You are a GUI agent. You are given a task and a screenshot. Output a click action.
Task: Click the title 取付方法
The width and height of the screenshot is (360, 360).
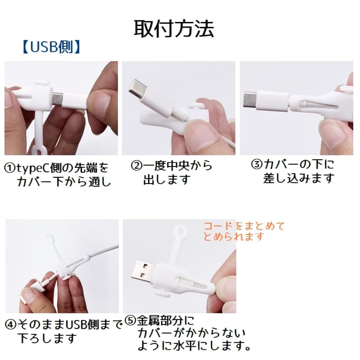174,29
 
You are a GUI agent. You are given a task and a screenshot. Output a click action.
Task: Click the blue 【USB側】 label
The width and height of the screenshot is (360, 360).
52,47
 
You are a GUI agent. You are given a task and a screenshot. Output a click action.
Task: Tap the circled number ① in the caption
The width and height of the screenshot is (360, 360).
10,168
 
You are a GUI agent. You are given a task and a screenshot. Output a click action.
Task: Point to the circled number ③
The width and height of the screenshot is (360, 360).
257,164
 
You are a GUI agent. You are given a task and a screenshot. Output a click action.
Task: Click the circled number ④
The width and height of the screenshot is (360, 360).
11,325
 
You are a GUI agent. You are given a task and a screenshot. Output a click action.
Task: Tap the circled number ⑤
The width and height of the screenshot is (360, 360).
130,320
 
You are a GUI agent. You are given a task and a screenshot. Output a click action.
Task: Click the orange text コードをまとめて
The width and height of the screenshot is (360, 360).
244,226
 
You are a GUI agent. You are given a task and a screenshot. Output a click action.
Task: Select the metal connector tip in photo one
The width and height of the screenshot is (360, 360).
57,99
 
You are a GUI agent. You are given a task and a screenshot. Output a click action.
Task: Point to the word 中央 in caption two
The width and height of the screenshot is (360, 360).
177,166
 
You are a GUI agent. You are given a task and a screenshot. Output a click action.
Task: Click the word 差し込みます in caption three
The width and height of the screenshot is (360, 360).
298,178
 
